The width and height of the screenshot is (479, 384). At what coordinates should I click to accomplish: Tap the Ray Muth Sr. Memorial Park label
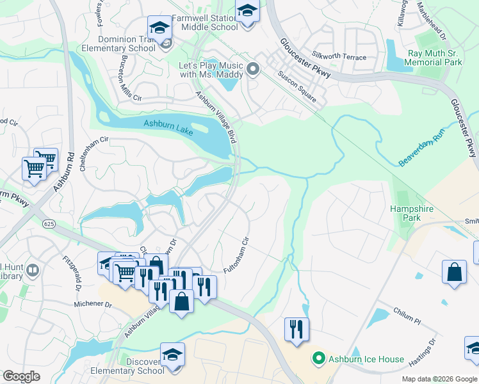[x=435, y=58]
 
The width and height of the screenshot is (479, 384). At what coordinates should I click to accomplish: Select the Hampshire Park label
[x=412, y=213]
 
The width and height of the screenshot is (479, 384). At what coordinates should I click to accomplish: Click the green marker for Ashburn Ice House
[x=317, y=359]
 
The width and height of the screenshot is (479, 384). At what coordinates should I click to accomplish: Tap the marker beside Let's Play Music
[x=253, y=69]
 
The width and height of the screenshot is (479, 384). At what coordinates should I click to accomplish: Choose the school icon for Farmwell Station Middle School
[x=247, y=11]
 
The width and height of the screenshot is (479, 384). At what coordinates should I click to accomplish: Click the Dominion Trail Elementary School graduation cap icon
[x=159, y=28]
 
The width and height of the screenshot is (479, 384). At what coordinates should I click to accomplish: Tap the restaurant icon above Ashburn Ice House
[x=296, y=329]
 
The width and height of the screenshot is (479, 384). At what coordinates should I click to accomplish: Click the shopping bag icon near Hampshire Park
[x=454, y=271]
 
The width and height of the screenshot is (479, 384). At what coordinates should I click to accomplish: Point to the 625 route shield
[x=49, y=223]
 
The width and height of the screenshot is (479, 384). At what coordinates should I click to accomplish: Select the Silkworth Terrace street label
[x=339, y=57]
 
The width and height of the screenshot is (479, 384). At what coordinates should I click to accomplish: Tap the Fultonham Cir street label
[x=236, y=256]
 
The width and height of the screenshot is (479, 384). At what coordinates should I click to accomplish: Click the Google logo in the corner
[x=22, y=376]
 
